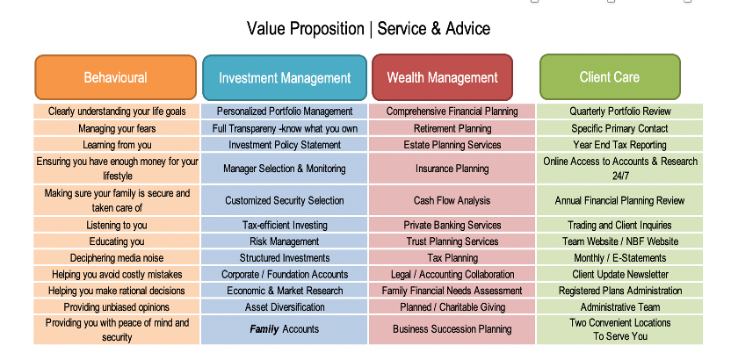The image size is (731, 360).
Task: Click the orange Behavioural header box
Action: [116, 77]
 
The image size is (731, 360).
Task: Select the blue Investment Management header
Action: [285, 77]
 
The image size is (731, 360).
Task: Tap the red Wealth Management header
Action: [443, 77]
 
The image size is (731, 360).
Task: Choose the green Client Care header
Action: [610, 77]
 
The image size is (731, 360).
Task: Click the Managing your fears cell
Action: [117, 128]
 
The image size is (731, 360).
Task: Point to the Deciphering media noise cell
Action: [117, 257]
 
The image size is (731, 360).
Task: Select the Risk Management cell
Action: [285, 241]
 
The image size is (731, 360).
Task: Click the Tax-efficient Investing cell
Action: [285, 225]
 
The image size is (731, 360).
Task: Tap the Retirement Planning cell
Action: [452, 128]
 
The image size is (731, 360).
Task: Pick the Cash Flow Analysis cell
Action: [452, 201]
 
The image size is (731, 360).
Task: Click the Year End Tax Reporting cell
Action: [619, 145]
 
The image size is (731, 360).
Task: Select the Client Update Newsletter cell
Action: [619, 274]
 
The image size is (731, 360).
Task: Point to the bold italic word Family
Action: [264, 329]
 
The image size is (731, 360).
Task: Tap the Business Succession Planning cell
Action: [452, 329]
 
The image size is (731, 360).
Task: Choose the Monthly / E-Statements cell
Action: [619, 257]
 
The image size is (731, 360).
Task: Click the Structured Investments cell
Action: [285, 257]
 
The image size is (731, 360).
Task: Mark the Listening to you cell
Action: [117, 225]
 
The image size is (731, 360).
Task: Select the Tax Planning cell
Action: [452, 257]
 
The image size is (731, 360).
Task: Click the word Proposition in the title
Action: [326, 29]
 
